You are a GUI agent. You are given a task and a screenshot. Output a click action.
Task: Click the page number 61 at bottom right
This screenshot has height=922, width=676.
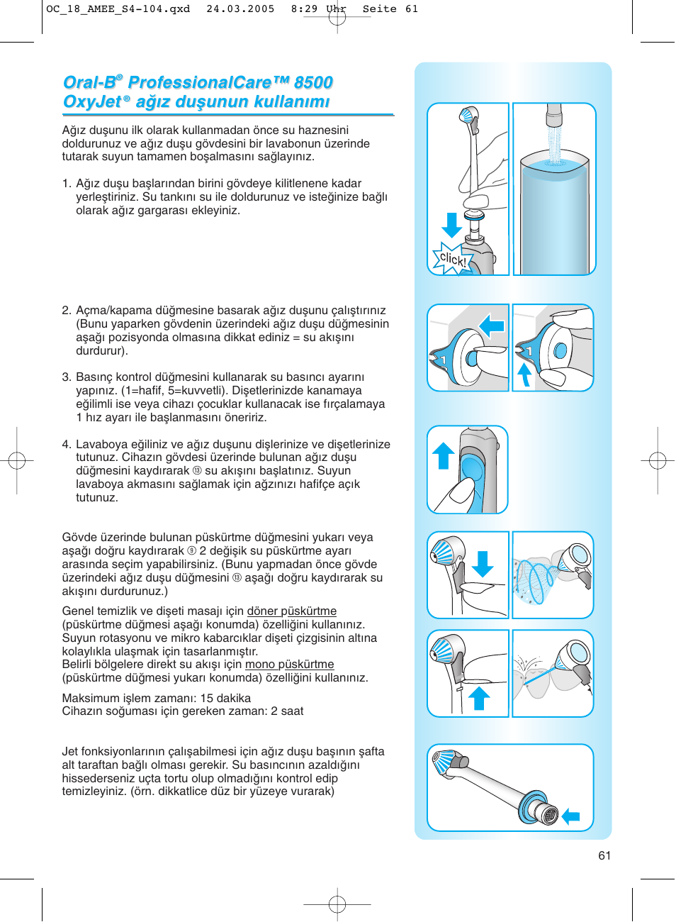click(604, 855)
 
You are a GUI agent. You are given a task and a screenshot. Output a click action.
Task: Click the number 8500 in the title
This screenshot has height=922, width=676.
click(313, 83)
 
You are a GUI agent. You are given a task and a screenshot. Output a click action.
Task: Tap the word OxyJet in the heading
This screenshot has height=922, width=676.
click(92, 102)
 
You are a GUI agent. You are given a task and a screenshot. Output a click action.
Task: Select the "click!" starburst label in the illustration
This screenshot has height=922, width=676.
click(453, 259)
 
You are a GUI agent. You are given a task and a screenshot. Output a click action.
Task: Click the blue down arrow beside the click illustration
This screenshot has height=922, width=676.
click(451, 225)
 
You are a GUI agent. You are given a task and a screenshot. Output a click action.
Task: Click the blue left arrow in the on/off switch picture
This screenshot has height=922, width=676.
click(491, 326)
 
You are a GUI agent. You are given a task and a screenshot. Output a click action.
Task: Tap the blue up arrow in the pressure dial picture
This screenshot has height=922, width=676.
click(524, 374)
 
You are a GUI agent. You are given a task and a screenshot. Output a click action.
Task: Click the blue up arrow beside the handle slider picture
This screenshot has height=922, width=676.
click(444, 455)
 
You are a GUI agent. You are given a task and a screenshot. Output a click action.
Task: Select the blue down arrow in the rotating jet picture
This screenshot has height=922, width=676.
click(483, 564)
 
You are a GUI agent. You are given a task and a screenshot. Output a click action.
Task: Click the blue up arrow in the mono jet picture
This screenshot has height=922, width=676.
click(480, 698)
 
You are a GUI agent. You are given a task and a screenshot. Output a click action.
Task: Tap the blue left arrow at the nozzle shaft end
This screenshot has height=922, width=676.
click(571, 816)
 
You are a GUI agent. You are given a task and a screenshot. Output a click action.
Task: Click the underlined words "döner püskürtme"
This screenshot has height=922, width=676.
click(291, 611)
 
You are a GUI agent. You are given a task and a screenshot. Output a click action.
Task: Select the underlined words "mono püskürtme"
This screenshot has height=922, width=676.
click(289, 665)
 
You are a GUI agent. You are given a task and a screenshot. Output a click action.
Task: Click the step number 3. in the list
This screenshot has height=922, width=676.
click(67, 377)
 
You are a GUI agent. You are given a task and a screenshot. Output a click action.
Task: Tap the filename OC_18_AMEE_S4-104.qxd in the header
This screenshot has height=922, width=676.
click(118, 9)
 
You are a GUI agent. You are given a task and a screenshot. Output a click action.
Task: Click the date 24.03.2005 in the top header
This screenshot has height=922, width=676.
click(240, 9)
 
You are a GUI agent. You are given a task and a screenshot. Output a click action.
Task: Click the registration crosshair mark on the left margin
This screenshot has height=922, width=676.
click(17, 461)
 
